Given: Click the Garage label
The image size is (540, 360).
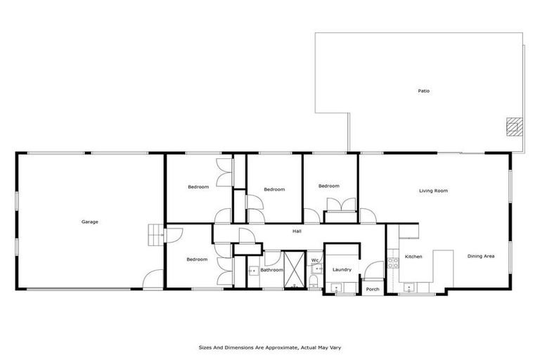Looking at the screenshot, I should tap(89, 221).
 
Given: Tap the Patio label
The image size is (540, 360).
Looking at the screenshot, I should tap(423, 91).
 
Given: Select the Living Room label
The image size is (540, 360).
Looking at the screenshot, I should tap(433, 191).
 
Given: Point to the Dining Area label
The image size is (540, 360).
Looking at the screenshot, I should tap(481, 256).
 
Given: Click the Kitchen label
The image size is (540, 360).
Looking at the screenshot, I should tap(413, 257).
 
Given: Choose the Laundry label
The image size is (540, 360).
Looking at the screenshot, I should tap(342, 269).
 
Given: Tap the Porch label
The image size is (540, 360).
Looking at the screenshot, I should tap(372, 289).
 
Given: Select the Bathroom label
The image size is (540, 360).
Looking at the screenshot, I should tap(271, 269).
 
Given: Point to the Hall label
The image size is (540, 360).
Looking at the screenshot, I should tap(297, 230).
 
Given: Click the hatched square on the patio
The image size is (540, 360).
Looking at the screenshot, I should tap(514, 126).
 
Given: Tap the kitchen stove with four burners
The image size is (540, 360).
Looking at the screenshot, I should tap(392, 261).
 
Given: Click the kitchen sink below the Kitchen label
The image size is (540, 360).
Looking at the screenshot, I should tap(407, 285).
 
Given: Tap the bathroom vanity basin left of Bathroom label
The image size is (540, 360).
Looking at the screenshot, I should tap(252, 269).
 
